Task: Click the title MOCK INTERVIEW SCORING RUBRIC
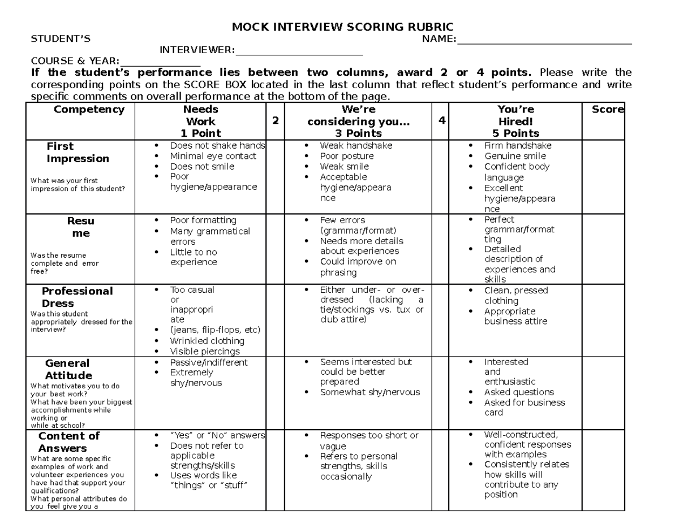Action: pyautogui.click(x=343, y=27)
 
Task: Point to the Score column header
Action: pyautogui.click(x=608, y=110)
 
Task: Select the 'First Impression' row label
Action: pyautogui.click(x=78, y=153)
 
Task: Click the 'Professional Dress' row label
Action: pyautogui.click(x=77, y=297)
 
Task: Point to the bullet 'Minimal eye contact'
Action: pyautogui.click(x=213, y=156)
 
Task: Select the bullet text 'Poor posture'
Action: pyautogui.click(x=347, y=156)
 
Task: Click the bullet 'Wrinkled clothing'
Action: pyautogui.click(x=207, y=341)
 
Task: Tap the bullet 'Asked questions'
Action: pyautogui.click(x=519, y=392)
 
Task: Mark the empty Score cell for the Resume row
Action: pyautogui.click(x=603, y=249)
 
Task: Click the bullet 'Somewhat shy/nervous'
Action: pyautogui.click(x=370, y=392)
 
